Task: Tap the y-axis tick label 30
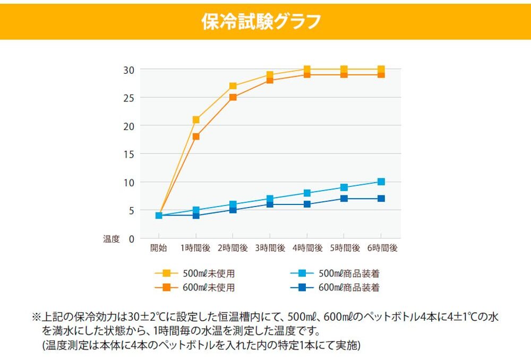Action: tap(130, 70)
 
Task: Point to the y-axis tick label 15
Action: tap(130, 154)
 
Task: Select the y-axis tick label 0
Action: tap(132, 238)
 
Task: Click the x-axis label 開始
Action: tap(159, 247)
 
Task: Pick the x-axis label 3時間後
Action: tap(270, 247)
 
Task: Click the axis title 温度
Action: tap(112, 239)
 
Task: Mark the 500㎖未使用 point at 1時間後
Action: tap(196, 120)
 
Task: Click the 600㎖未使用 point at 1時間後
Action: tap(196, 136)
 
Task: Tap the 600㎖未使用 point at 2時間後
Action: tap(233, 97)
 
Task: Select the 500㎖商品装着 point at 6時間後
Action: tap(381, 182)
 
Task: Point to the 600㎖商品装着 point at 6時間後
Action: tap(381, 199)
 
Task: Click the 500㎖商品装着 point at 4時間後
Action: tap(307, 193)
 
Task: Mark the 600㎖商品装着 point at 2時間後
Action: tap(233, 210)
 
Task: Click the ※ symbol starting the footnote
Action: tap(37, 317)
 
